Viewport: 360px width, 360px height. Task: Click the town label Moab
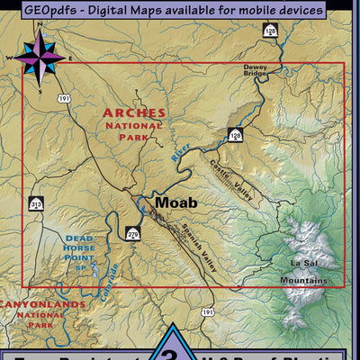[175, 202]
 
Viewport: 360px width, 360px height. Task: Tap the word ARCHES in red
[134, 113]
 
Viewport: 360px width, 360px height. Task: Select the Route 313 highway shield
[36, 204]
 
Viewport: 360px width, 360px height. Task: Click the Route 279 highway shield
[133, 234]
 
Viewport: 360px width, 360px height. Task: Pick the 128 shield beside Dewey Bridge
[270, 31]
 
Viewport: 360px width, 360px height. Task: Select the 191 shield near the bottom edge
[208, 311]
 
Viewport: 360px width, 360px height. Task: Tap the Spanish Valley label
[188, 236]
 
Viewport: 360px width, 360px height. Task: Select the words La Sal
[303, 263]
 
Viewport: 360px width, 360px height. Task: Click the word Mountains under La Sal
[303, 280]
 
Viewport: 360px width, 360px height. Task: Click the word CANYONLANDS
[42, 304]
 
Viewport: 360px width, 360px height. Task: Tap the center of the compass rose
[38, 58]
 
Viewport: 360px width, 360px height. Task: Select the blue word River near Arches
[183, 149]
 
